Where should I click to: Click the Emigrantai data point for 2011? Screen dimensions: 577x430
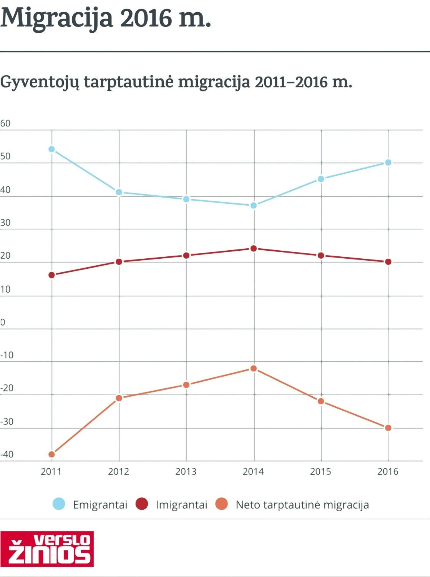point(52,149)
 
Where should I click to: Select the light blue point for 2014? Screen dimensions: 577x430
point(254,205)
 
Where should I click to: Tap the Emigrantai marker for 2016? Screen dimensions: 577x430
point(388,163)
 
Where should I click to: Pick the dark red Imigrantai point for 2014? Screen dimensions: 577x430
point(254,248)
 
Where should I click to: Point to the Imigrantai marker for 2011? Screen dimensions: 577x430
point(52,275)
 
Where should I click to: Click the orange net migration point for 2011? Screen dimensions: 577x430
point(52,454)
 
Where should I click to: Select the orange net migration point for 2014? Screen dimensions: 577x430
point(254,369)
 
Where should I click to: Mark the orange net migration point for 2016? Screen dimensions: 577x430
point(388,428)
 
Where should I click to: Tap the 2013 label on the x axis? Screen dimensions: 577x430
point(186,471)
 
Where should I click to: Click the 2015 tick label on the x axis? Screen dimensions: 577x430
point(320,471)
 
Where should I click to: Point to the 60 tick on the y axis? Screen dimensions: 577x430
point(5,123)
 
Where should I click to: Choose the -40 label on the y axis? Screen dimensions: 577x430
point(7,455)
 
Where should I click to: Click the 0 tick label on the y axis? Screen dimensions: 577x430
point(3,322)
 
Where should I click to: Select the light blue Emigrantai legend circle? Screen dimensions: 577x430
point(59,504)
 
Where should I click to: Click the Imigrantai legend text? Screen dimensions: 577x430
point(181,505)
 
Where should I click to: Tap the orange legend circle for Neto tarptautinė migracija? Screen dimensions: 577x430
point(222,504)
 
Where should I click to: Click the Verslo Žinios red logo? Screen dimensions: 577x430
point(47,549)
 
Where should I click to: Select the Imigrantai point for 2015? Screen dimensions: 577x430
point(321,255)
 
